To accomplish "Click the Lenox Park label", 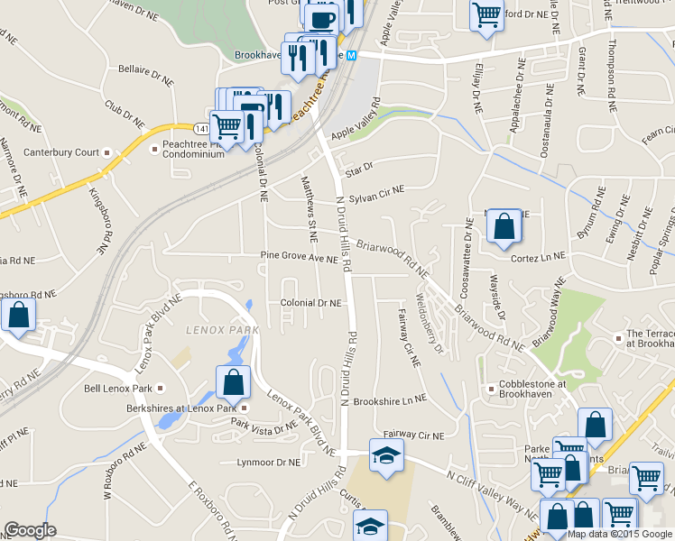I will click(x=222, y=330).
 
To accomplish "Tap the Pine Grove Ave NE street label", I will click(x=299, y=259).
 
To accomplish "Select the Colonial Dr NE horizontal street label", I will click(x=310, y=304).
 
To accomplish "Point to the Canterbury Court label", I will click(x=61, y=152).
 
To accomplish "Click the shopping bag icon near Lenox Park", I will click(x=234, y=382).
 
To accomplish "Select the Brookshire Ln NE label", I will click(x=390, y=399).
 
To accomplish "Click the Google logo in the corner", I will click(x=29, y=531).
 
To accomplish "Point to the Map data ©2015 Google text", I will click(x=620, y=534).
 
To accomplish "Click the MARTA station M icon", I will click(x=353, y=55).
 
